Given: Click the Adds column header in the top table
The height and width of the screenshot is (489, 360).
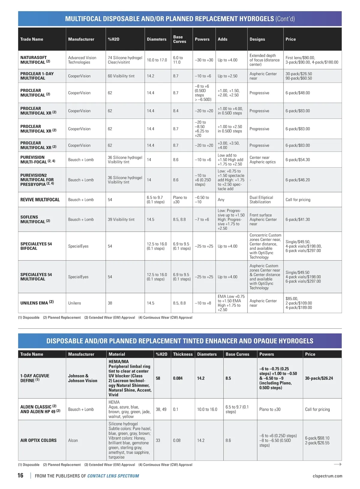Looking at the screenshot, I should [x=222, y=39].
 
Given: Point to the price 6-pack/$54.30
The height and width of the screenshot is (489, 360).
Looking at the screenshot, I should [x=298, y=160].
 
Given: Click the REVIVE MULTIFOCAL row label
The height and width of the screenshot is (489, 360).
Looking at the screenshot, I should [x=40, y=200].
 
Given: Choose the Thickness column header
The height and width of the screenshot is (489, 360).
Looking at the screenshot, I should [x=183, y=354].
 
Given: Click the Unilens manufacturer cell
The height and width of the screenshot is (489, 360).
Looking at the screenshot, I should [x=74, y=303].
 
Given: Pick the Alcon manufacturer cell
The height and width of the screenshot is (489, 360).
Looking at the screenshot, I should [x=73, y=440].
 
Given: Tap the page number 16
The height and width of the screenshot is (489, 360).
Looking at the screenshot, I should [x=20, y=476].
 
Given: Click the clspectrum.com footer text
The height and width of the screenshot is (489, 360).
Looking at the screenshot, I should [x=327, y=476].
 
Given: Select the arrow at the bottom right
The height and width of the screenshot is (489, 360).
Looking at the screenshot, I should [x=337, y=464].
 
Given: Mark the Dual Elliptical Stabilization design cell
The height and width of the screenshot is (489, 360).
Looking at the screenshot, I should [x=261, y=200].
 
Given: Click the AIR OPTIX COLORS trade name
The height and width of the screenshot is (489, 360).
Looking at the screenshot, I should [x=38, y=440].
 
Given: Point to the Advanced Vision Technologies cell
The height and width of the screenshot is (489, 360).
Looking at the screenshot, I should [x=82, y=60].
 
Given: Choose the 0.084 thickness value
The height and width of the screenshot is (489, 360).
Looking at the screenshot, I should [x=178, y=378].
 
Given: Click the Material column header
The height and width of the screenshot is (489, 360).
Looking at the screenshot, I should [x=117, y=354].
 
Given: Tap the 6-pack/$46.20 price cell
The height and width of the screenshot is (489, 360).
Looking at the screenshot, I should [x=298, y=180].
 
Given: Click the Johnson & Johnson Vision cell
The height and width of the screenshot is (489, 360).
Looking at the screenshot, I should [x=82, y=378].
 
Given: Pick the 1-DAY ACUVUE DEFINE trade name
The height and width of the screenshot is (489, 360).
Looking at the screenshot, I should [x=34, y=378].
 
